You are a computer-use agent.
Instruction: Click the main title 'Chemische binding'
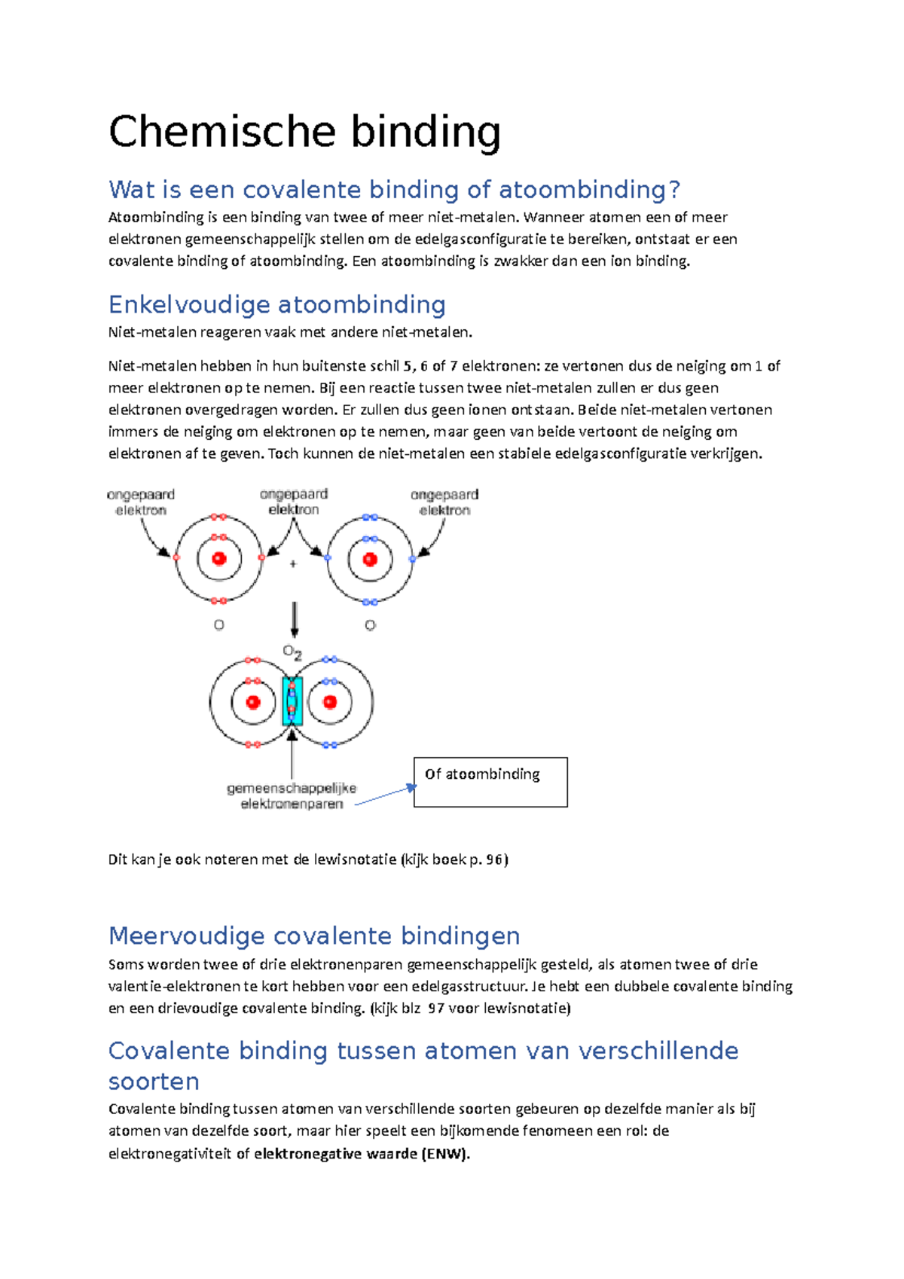pyautogui.click(x=304, y=132)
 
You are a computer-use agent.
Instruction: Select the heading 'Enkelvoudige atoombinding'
pyautogui.click(x=276, y=304)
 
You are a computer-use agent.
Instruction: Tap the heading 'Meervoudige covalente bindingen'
pyautogui.click(x=314, y=936)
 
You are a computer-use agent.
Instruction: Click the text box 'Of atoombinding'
pyautogui.click(x=490, y=782)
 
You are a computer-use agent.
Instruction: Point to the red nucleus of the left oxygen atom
pyautogui.click(x=219, y=559)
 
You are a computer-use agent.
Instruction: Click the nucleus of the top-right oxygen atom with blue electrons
pyautogui.click(x=370, y=559)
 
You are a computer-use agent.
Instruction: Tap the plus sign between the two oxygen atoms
pyautogui.click(x=293, y=563)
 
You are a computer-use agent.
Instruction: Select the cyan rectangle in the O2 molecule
pyautogui.click(x=292, y=701)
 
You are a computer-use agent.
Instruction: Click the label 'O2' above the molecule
pyautogui.click(x=292, y=652)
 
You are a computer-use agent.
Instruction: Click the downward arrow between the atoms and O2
pyautogui.click(x=295, y=619)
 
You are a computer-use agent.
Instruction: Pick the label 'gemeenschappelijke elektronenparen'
pyautogui.click(x=292, y=796)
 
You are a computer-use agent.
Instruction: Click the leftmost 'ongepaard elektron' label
pyautogui.click(x=141, y=502)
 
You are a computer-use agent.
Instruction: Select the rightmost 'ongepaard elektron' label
pyautogui.click(x=444, y=502)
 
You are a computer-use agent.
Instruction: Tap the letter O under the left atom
pyautogui.click(x=219, y=625)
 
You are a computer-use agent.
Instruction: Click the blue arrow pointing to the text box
pyautogui.click(x=385, y=795)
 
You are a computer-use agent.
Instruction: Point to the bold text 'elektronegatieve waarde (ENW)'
pyautogui.click(x=362, y=1154)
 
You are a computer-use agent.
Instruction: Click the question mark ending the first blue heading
pyautogui.click(x=674, y=190)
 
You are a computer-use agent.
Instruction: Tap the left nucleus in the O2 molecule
pyautogui.click(x=253, y=702)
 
